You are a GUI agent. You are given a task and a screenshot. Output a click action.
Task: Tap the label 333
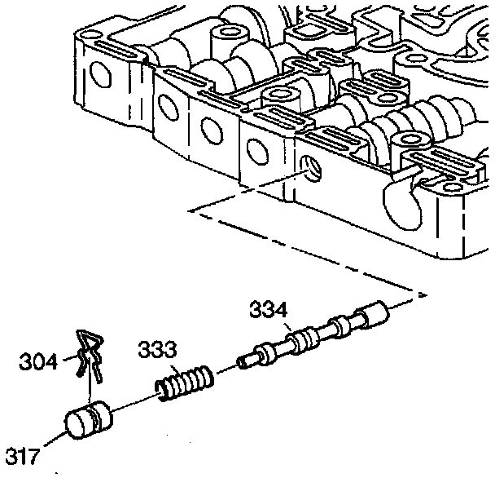(156, 351)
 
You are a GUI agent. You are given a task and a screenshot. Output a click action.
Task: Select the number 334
(268, 311)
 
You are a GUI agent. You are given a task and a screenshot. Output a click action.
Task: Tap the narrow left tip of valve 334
(243, 359)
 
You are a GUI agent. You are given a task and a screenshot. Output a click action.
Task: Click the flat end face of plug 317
(78, 427)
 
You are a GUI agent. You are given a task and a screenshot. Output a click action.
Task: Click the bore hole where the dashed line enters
(310, 169)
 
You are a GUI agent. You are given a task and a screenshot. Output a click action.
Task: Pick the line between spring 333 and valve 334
(226, 369)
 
